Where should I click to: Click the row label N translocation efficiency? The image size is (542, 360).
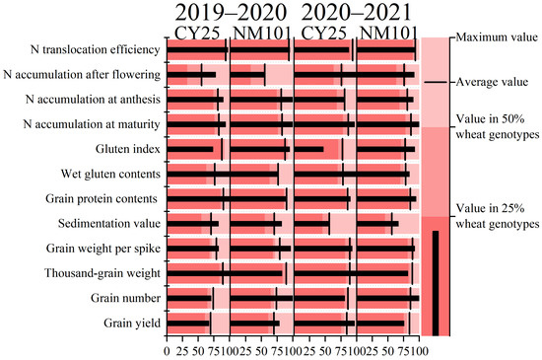(95, 49)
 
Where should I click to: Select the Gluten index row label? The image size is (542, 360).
(128, 149)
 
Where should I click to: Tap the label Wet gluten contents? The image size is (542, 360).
(110, 174)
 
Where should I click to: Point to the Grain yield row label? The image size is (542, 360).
(132, 323)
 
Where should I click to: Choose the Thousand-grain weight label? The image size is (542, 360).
(102, 273)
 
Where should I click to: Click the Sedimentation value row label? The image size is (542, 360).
(109, 224)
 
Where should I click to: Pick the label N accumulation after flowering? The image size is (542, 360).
(82, 74)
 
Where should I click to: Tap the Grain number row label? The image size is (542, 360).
(126, 298)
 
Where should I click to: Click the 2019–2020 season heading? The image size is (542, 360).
(231, 13)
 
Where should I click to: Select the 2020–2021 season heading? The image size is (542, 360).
(357, 13)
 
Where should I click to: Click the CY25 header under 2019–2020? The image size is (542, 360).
(197, 34)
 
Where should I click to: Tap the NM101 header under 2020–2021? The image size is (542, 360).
(388, 34)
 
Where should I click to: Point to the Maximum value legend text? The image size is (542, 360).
(497, 37)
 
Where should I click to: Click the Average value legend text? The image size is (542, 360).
(492, 82)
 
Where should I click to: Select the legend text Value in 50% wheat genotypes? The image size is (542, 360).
(498, 126)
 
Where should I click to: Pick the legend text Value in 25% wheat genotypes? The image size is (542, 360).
(498, 216)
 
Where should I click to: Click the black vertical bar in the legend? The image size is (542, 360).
(436, 283)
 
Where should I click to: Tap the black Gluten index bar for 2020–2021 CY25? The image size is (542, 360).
(309, 149)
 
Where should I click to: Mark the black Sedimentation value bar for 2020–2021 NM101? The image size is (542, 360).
(377, 224)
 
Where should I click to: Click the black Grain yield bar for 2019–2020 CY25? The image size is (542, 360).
(188, 324)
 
